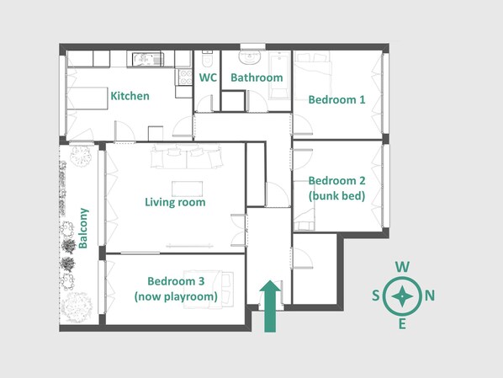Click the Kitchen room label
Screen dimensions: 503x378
point(130,96)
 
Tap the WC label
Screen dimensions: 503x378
point(208,77)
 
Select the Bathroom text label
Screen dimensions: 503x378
point(257,77)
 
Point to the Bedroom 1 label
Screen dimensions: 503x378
point(336,99)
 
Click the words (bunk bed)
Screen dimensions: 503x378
point(336,195)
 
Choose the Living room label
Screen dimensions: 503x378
point(175,202)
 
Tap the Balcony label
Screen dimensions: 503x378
point(83,228)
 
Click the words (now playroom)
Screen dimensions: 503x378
point(176,296)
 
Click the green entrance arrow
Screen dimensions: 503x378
point(270,306)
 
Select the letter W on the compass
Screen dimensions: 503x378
point(402,267)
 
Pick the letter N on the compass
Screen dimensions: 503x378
point(430,295)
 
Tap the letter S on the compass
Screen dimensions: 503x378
point(376,295)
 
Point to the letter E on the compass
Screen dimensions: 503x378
point(402,324)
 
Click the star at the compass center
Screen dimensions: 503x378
point(402,295)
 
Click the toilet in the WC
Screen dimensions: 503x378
point(207,58)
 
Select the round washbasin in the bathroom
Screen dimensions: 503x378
point(250,57)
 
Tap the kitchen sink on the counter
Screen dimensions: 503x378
point(148,59)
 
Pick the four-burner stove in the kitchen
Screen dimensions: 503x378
point(185,77)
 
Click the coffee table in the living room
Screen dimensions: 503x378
point(187,189)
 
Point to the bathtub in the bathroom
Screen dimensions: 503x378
point(279,75)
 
